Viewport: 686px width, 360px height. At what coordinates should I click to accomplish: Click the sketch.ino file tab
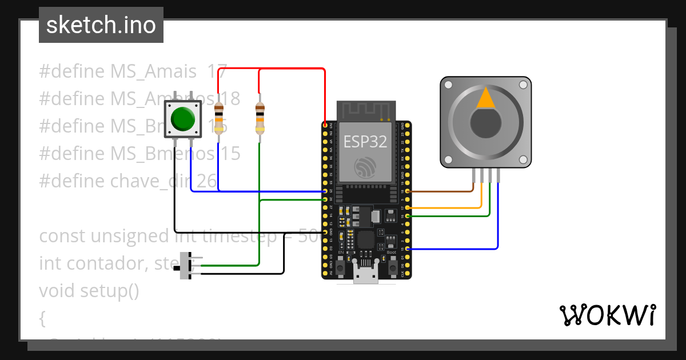coord(101,25)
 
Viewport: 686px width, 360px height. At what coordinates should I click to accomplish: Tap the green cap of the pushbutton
coord(183,118)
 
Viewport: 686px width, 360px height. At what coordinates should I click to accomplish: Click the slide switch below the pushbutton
coord(186,265)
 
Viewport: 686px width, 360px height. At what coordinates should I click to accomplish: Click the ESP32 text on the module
coord(365,142)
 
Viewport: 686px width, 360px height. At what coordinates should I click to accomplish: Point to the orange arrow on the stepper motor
coord(486,98)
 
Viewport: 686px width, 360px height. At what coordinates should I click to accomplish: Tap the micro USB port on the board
coord(365,277)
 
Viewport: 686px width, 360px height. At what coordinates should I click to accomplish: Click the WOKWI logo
coord(607,315)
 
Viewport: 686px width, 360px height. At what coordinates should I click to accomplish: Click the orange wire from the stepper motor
coord(452,208)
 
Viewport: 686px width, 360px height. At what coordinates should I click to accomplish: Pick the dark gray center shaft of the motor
coord(486,122)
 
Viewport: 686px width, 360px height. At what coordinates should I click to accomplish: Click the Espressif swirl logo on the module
coord(365,166)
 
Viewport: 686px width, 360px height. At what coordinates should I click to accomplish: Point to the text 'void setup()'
coord(89,290)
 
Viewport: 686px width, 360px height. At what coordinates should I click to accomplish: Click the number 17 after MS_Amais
coord(218,72)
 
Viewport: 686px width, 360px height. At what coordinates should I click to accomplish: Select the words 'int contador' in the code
coord(85,263)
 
